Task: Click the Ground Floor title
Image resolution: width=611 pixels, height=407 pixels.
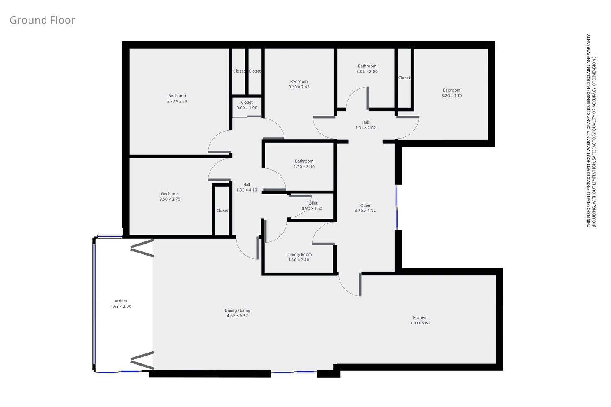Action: tap(42, 20)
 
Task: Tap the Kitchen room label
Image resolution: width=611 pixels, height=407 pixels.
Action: tap(420, 317)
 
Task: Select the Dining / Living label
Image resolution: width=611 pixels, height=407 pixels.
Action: tap(237, 310)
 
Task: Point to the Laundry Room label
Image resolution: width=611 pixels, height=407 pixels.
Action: tap(298, 255)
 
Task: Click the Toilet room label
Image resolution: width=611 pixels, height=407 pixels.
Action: tap(312, 203)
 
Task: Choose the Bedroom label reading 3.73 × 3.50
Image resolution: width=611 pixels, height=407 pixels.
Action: tap(177, 96)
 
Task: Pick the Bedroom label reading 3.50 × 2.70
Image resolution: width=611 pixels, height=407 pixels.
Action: tap(170, 194)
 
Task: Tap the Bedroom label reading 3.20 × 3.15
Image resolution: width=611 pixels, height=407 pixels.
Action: tap(451, 90)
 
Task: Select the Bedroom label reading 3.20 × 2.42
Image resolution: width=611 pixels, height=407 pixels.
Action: tap(299, 82)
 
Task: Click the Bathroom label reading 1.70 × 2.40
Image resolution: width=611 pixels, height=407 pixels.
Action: tap(304, 161)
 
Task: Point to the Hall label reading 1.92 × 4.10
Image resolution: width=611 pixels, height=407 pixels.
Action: tap(247, 185)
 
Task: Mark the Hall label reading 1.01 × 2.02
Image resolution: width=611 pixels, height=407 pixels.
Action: tap(365, 122)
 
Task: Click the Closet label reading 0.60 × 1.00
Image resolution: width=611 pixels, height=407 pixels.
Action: tap(247, 102)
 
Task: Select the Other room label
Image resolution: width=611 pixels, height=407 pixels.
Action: tap(365, 205)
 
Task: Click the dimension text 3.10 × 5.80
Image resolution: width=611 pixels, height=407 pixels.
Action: tap(420, 323)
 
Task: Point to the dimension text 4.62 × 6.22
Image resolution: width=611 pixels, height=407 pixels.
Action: tap(237, 316)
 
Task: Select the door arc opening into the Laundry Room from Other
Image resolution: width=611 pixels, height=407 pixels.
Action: tap(324, 234)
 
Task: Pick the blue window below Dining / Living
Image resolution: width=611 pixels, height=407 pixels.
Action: tap(294, 372)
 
